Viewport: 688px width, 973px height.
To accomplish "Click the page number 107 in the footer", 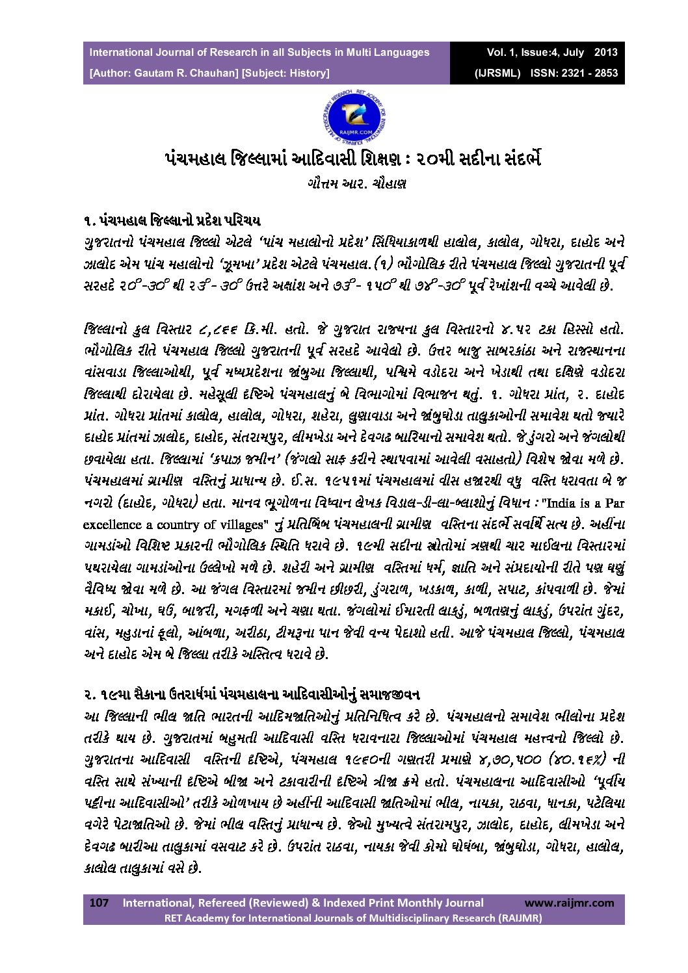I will point(98,902).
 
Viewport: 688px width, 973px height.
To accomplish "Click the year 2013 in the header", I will point(605,52).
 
